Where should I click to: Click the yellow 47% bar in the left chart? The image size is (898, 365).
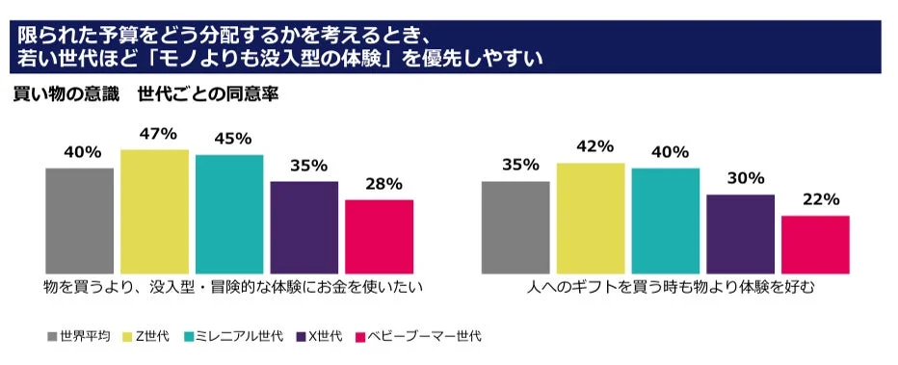tap(154, 211)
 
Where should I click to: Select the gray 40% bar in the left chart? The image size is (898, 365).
tap(79, 220)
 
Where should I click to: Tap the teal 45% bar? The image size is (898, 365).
tap(229, 213)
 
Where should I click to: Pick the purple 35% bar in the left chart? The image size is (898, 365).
tap(304, 226)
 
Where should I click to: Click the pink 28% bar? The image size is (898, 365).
tap(379, 236)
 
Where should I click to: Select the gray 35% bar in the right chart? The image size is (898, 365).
tap(515, 226)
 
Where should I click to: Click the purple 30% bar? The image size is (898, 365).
tap(740, 233)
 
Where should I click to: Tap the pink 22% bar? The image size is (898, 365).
tap(815, 244)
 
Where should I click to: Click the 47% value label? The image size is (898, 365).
tap(154, 134)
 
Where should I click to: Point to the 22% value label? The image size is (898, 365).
tap(816, 199)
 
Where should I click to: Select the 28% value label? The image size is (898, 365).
tap(380, 184)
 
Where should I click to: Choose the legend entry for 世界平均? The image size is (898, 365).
tap(76, 336)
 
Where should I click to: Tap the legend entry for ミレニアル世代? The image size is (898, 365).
tap(237, 336)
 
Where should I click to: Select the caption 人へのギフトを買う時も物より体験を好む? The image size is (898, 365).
tap(665, 287)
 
